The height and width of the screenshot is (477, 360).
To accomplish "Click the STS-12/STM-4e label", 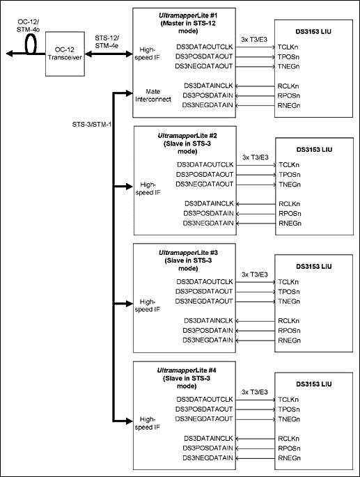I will point(106,40).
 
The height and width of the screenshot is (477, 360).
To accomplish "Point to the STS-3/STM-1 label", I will point(90,124).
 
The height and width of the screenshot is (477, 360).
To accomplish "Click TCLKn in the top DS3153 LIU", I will point(288,46).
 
